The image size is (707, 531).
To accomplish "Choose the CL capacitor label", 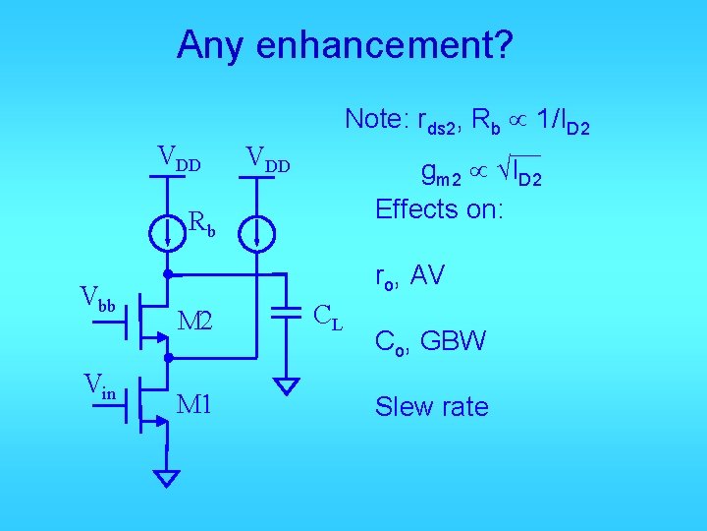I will (327, 317).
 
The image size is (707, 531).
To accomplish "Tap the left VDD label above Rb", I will (180, 157).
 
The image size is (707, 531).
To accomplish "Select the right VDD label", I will (268, 157).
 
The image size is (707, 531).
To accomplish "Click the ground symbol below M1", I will (168, 478).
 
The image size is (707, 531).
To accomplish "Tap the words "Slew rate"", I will (431, 407).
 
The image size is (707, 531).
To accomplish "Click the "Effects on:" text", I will (438, 208).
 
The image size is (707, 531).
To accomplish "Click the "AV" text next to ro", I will (427, 276).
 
